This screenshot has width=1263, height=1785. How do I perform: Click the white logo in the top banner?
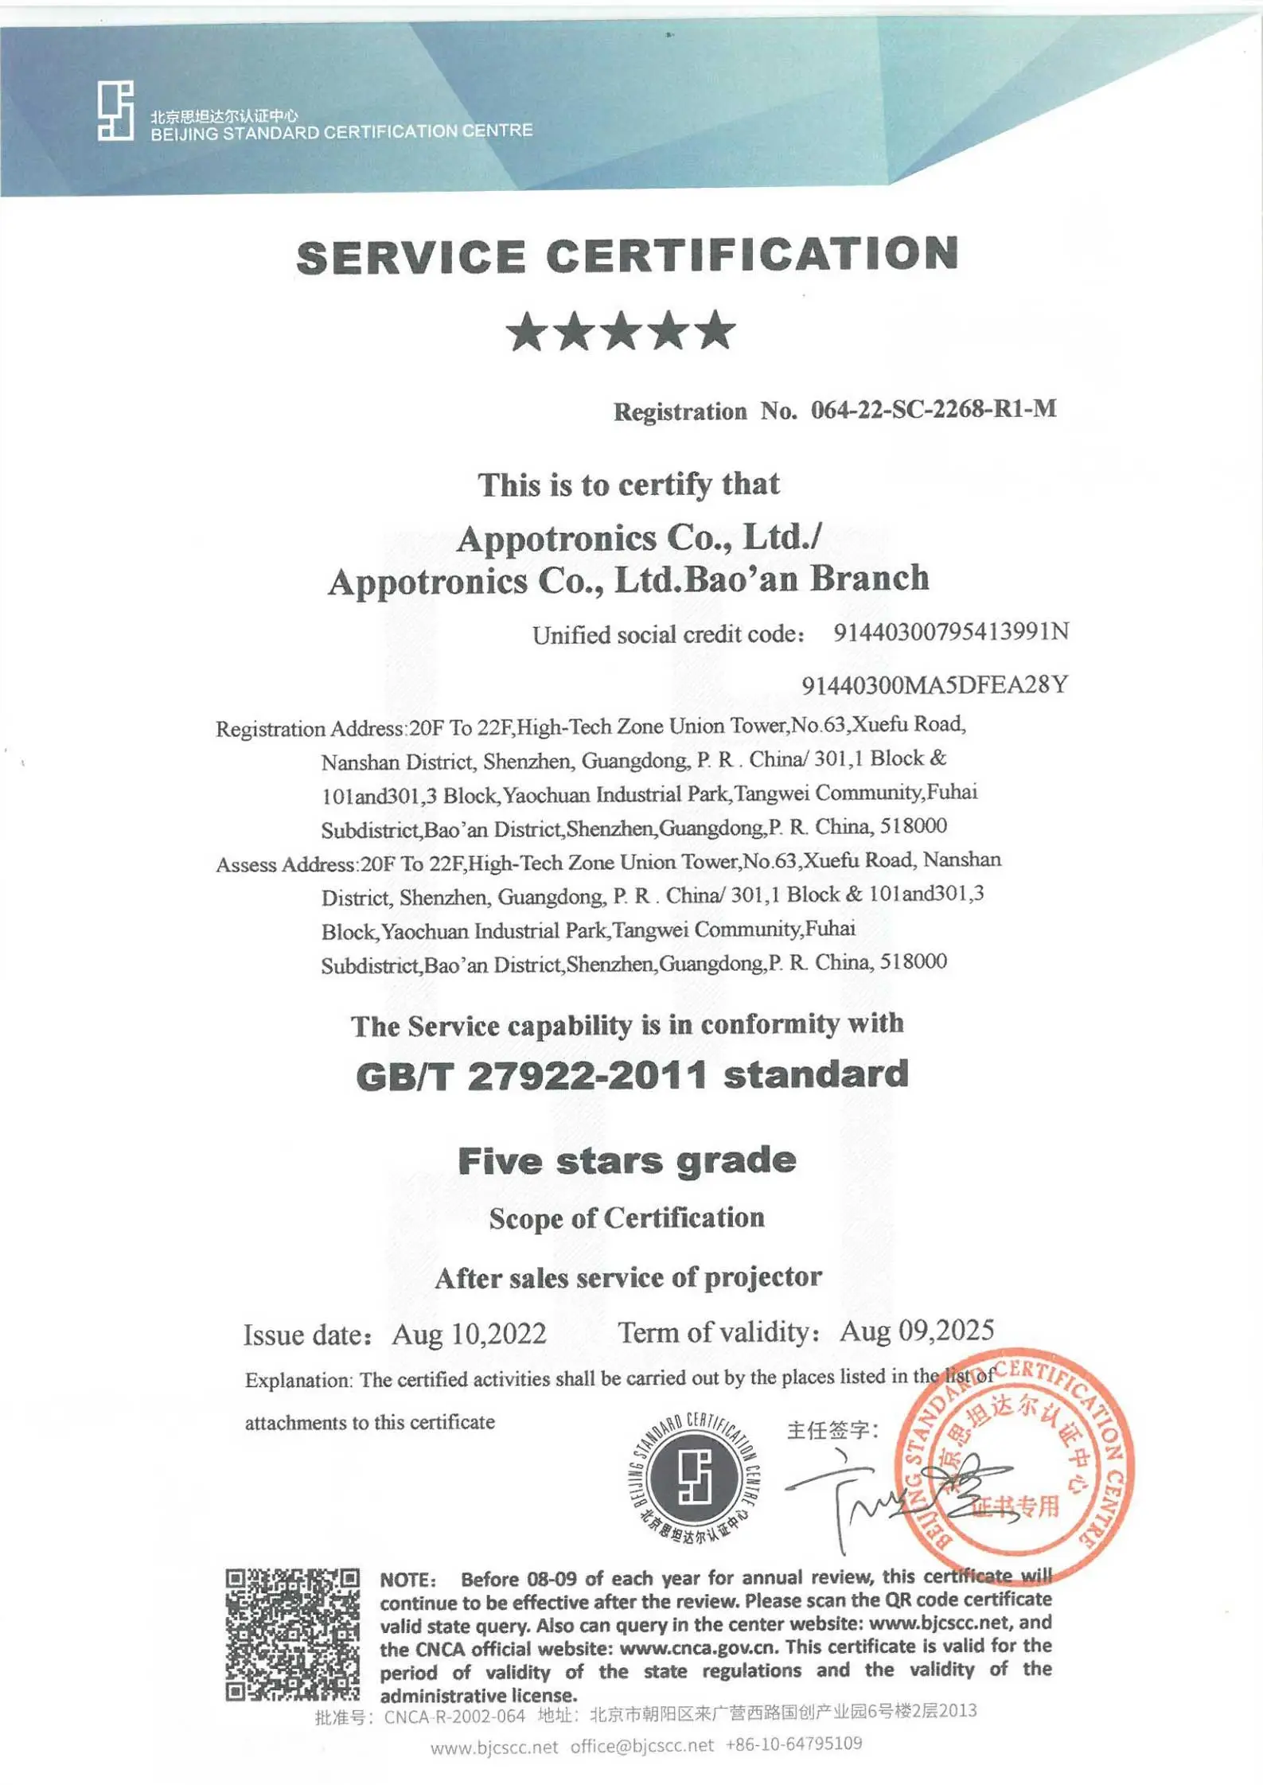pos(115,111)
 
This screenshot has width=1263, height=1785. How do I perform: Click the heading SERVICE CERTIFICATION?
pos(627,256)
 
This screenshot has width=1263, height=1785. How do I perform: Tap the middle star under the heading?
pos(621,331)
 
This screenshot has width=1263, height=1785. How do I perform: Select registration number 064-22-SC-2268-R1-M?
pos(933,410)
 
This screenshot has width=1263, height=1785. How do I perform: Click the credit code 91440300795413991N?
pos(951,632)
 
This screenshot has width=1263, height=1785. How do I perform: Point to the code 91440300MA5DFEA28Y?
pos(934,684)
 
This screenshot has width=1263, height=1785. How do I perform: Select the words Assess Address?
pos(286,864)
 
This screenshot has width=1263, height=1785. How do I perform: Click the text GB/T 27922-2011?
pos(531,1076)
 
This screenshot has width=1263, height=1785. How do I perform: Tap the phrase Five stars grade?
pos(627,1160)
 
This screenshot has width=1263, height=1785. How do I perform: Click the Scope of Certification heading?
pos(627,1218)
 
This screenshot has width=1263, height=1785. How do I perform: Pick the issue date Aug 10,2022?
pos(469,1334)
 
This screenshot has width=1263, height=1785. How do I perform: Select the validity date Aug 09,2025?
pos(917,1330)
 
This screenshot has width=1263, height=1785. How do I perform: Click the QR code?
pos(292,1634)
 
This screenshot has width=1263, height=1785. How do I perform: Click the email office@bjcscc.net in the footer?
pos(642,1746)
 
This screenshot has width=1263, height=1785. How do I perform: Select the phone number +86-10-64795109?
pos(793,1744)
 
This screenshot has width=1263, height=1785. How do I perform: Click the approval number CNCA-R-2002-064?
pos(454,1716)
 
